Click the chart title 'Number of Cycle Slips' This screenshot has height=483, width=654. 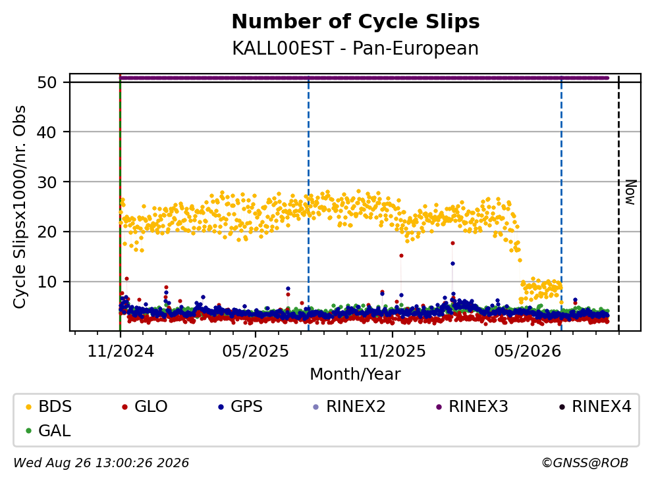click(356, 22)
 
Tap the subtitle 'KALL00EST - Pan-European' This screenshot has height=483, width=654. click(356, 48)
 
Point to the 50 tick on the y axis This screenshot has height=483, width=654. click(47, 82)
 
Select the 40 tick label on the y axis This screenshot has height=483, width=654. click(47, 132)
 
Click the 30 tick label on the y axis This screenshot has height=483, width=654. click(47, 182)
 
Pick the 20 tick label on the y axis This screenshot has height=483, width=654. click(47, 232)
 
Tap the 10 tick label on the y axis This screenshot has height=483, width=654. click(47, 282)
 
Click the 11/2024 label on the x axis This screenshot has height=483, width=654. click(121, 351)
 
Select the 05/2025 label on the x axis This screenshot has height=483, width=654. click(256, 351)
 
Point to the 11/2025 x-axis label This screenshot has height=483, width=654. click(393, 351)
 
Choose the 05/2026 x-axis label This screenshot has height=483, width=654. click(528, 351)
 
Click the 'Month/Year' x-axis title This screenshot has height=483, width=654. click(356, 374)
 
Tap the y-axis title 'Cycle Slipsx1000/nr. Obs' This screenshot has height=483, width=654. click(19, 207)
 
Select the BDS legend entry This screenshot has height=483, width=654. click(49, 406)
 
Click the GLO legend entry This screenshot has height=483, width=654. click(145, 406)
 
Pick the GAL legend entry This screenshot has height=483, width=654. click(48, 430)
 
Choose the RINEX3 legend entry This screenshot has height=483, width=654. click(472, 406)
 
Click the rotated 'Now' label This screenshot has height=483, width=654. click(630, 192)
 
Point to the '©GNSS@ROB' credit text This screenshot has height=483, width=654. click(585, 463)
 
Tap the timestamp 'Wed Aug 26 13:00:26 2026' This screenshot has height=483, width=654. click(101, 463)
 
